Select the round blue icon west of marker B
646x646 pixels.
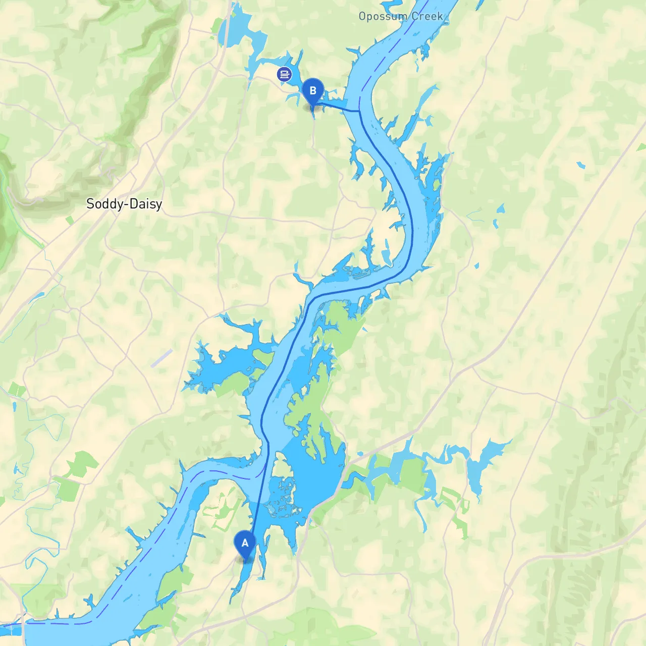pos(284,75)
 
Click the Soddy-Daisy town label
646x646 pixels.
pos(124,204)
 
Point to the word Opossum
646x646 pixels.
pos(383,17)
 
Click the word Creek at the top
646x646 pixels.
pos(427,17)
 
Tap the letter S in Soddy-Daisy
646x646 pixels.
pos(90,204)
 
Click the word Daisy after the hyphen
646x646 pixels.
pos(146,204)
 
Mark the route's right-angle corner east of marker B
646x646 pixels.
pos(359,111)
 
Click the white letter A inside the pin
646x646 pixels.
pos(245,543)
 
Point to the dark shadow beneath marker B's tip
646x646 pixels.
pos(312,107)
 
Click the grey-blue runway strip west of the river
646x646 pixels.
pos(161,358)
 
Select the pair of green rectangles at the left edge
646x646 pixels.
pos(17,390)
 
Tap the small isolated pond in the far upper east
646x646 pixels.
pos(581,165)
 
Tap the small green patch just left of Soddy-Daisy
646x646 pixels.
pos(70,220)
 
